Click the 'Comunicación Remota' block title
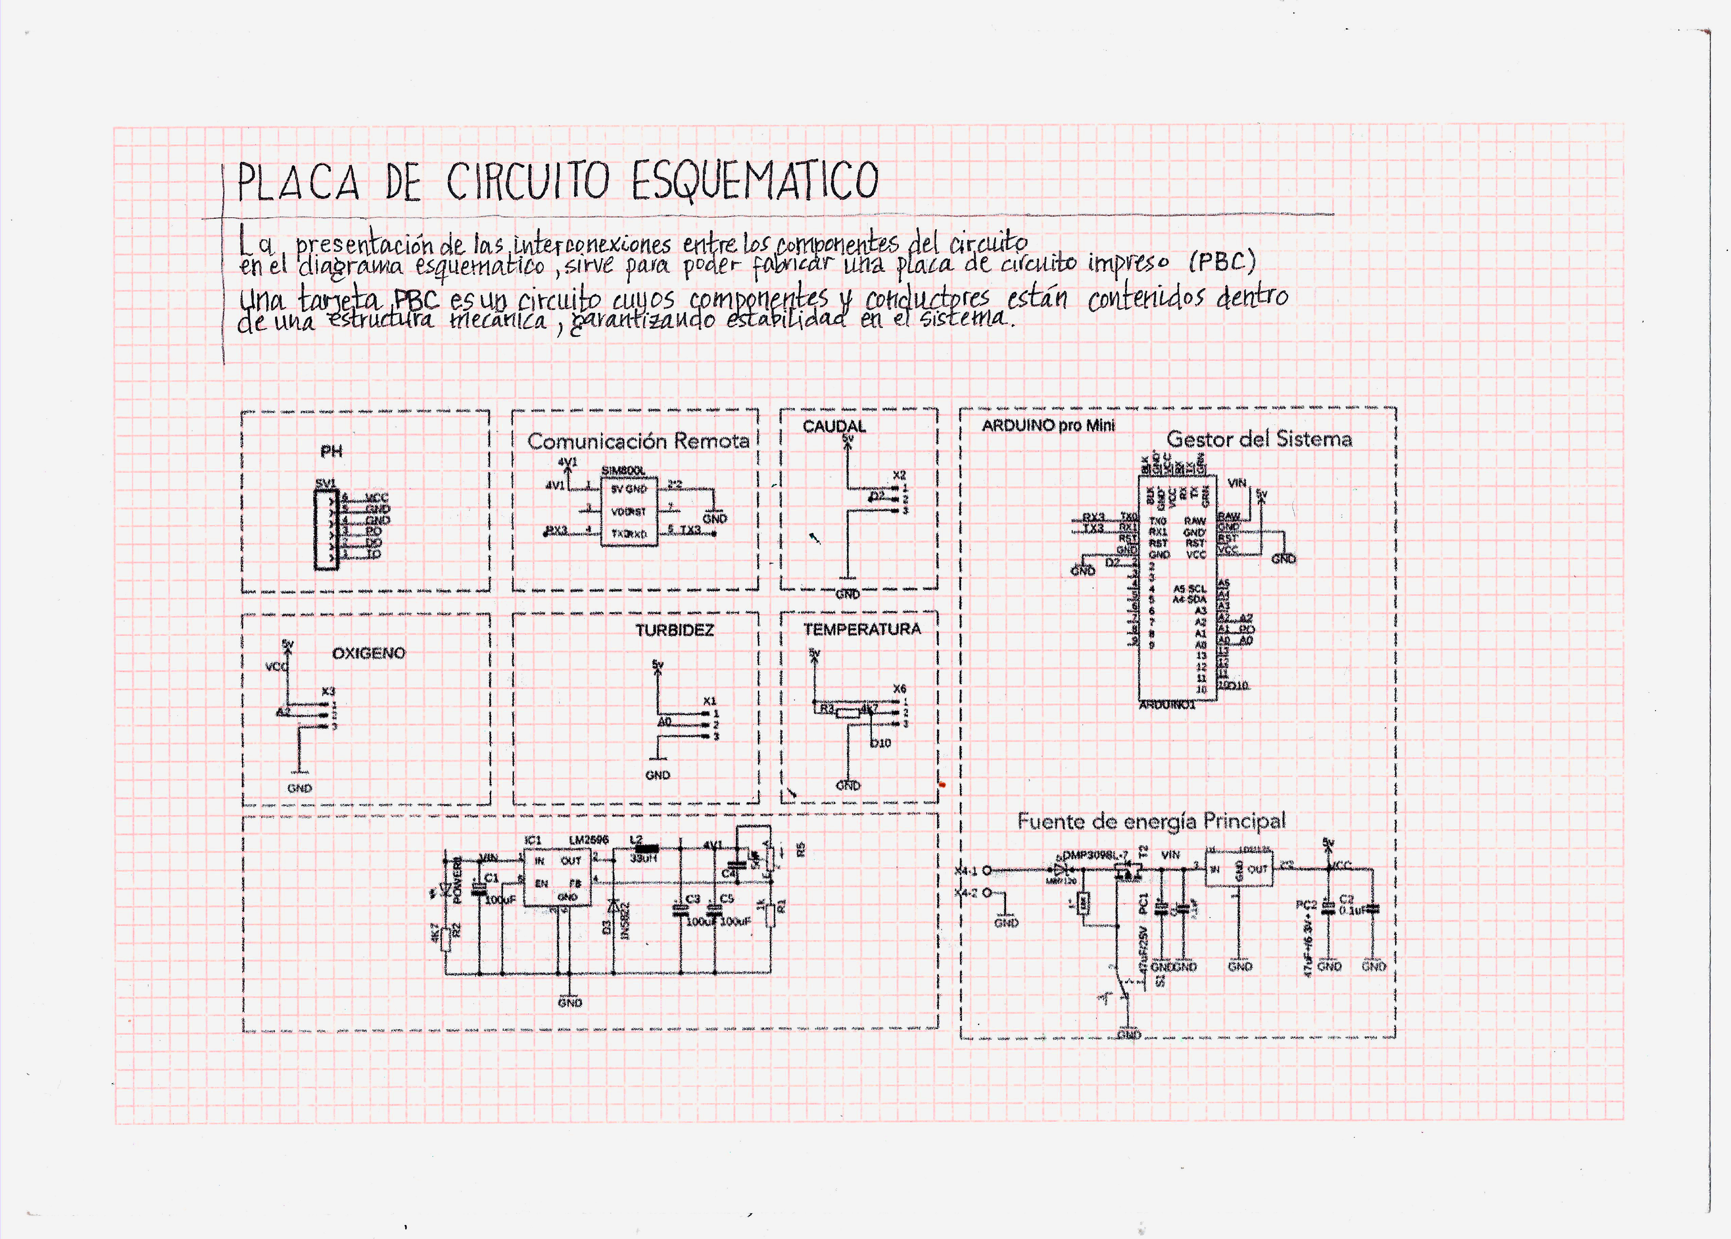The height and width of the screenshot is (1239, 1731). click(x=638, y=441)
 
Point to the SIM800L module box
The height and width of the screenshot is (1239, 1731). click(x=629, y=511)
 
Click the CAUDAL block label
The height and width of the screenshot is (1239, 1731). click(x=834, y=427)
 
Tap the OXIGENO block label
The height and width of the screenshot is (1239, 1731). click(x=369, y=653)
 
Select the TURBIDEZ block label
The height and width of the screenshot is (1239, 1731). click(x=674, y=630)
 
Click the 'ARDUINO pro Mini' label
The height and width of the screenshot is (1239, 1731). click(x=1048, y=426)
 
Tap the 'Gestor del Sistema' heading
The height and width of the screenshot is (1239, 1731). click(x=1259, y=439)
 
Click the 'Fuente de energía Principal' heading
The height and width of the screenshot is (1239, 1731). click(x=1151, y=822)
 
